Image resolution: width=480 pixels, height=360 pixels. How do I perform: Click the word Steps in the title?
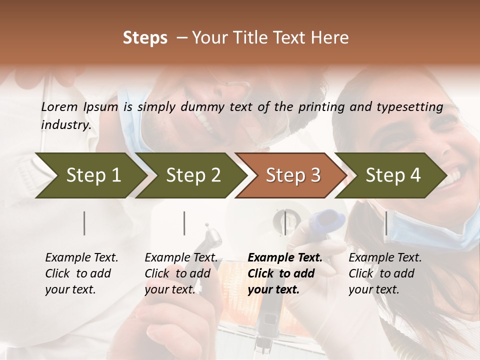(x=145, y=38)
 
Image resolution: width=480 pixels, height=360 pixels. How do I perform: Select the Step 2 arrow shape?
(x=193, y=175)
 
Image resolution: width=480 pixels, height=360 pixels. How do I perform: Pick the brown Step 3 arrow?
(x=293, y=175)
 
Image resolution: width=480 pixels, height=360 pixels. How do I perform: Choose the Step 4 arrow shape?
(x=393, y=175)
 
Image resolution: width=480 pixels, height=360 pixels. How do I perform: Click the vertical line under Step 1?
(x=84, y=223)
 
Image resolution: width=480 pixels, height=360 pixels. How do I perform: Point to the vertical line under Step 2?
(x=184, y=223)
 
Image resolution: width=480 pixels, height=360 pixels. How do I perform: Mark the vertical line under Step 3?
(x=285, y=223)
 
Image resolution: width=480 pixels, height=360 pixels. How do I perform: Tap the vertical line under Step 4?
(x=386, y=223)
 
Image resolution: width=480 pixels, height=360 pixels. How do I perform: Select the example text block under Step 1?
(x=81, y=273)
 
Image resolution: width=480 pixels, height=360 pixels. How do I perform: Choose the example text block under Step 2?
(x=181, y=273)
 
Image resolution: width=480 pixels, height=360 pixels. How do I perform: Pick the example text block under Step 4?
(x=385, y=273)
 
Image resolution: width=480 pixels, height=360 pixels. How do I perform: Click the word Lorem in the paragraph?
(x=59, y=107)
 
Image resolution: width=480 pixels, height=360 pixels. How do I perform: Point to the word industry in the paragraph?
(x=65, y=125)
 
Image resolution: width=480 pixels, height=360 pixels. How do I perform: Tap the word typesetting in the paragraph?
(x=414, y=107)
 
